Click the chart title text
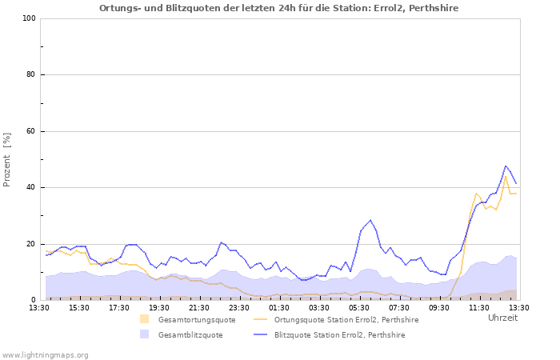tap(279, 7)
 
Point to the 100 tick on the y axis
tap(29, 18)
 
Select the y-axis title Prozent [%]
tap(7, 159)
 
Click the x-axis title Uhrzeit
tap(502, 318)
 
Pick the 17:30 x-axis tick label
tap(119, 307)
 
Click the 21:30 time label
tap(199, 307)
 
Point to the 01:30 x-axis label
tap(279, 307)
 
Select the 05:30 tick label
tap(359, 307)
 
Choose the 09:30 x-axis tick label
tap(439, 307)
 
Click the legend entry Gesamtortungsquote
tap(197, 320)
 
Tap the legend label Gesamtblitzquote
tap(191, 335)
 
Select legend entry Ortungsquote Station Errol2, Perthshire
tap(346, 320)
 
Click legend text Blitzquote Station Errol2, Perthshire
tap(339, 335)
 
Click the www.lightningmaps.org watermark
tap(45, 354)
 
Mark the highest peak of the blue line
tap(506, 166)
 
